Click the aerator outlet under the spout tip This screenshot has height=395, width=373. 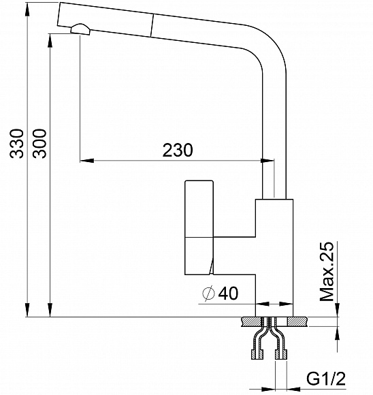coord(80,29)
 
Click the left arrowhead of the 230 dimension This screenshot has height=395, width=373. coord(86,161)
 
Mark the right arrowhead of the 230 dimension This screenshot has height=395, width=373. coord(268,161)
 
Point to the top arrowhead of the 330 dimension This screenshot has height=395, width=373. coord(27,8)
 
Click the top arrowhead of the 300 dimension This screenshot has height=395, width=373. coord(50,33)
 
